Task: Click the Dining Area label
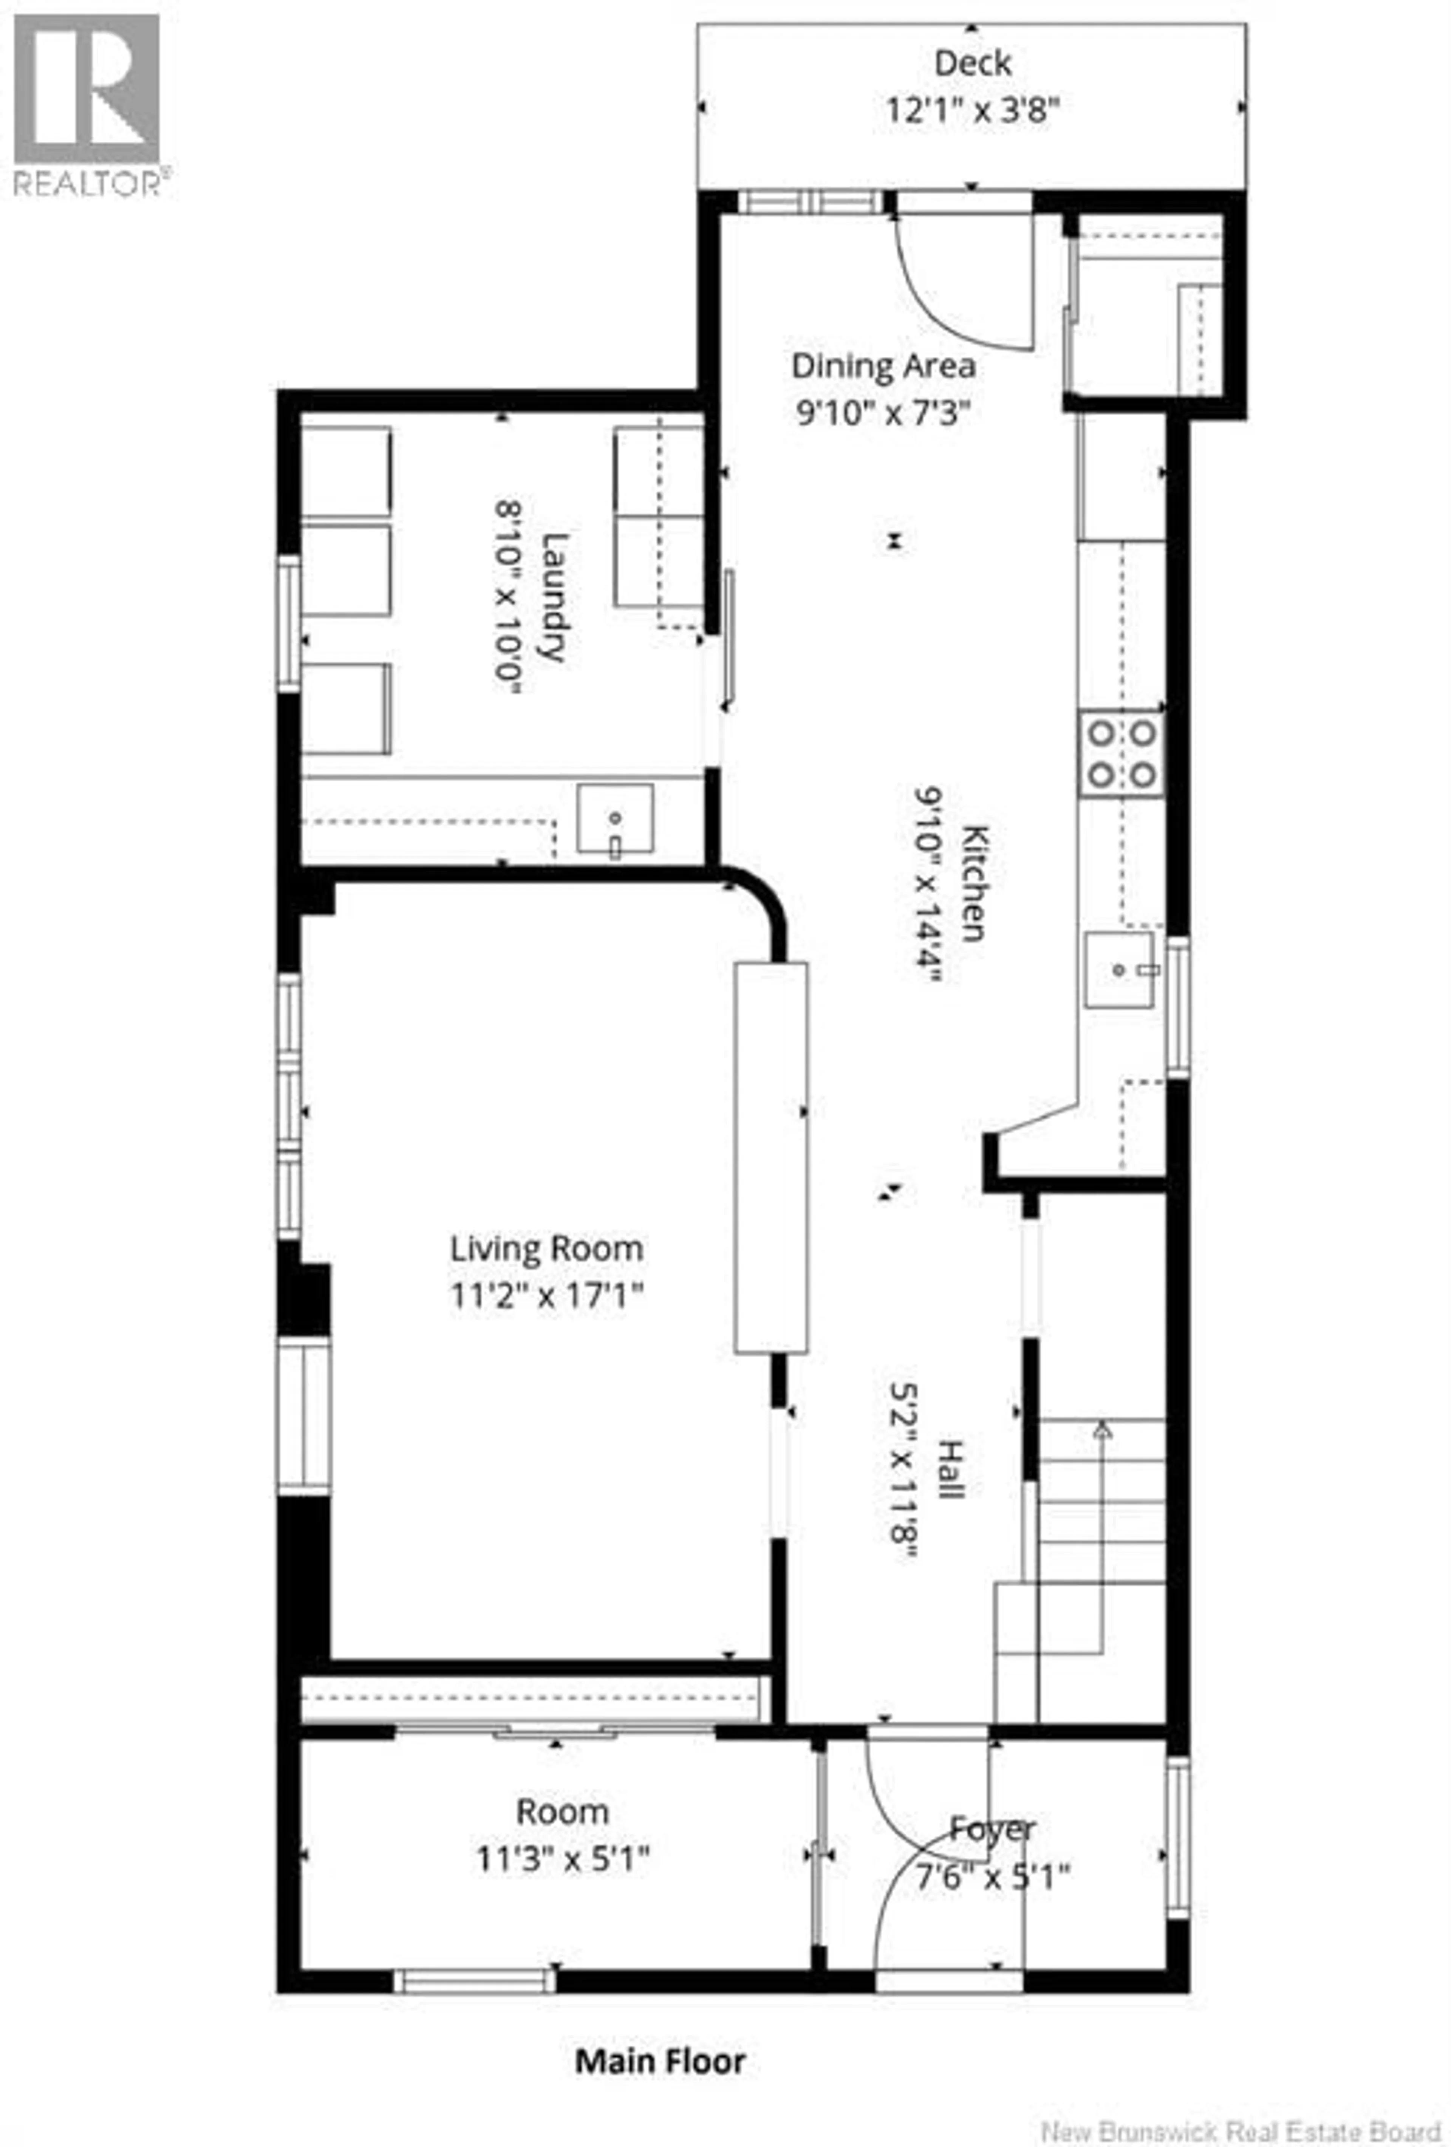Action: tap(883, 366)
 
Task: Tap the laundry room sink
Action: tap(614, 818)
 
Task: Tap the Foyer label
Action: tap(993, 1828)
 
